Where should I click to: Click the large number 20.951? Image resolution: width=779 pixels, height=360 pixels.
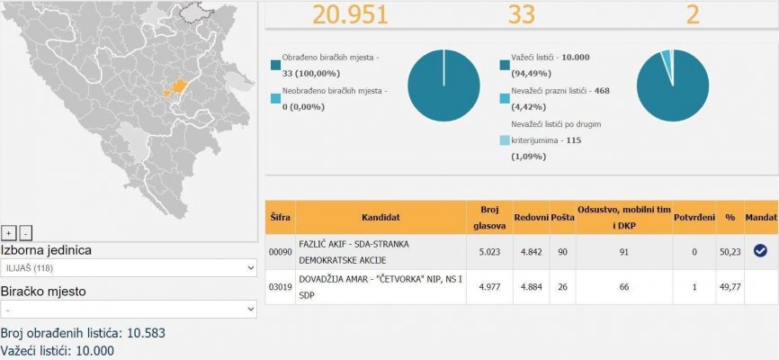350,14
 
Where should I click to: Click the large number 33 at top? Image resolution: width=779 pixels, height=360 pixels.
521,14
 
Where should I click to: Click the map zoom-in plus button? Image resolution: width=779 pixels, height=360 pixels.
8,232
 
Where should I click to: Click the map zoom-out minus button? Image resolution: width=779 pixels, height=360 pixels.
25,232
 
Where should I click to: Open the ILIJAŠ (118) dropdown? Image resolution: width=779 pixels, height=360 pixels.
129,268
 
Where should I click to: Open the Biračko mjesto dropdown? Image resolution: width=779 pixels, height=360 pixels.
129,309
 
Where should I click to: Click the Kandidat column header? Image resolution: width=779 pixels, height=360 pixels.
381,217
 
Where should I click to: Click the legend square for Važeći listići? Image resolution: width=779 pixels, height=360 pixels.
504,65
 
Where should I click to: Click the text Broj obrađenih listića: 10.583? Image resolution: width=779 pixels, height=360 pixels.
83,333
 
